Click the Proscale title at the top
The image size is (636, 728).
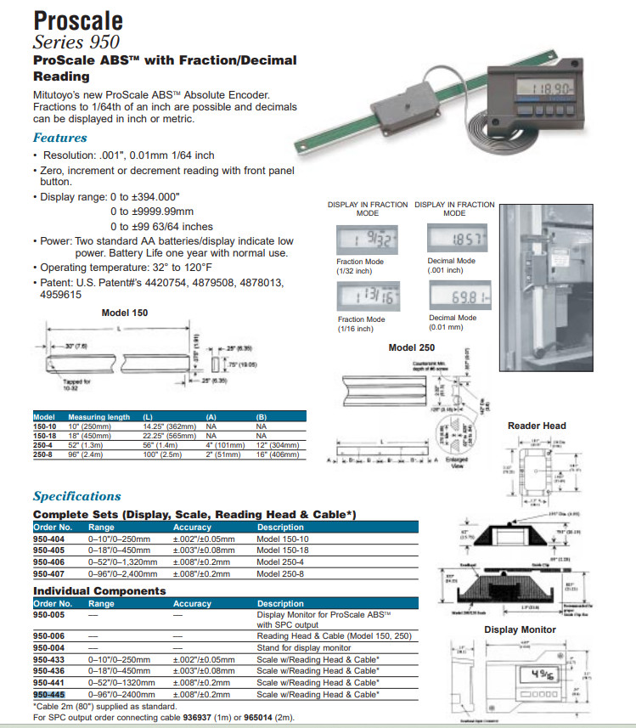(x=78, y=20)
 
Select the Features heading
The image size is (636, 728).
(x=59, y=138)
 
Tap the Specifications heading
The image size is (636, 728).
(x=76, y=496)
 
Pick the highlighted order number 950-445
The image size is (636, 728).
(x=49, y=694)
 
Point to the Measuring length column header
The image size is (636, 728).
(x=99, y=417)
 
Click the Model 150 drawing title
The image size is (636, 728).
(x=125, y=313)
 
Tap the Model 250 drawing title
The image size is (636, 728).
(x=411, y=347)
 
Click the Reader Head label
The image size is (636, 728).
(x=537, y=426)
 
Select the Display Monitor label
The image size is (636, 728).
(x=520, y=629)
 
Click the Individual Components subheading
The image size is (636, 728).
(x=99, y=590)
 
